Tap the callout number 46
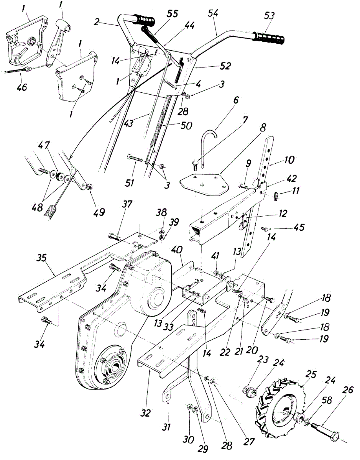(x=22, y=87)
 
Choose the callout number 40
(x=177, y=251)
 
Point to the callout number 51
(x=129, y=183)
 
